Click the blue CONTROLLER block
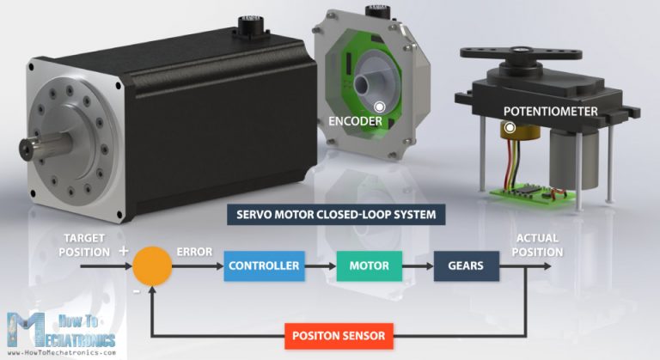tap(264, 265)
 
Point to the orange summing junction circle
tap(152, 265)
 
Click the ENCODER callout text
tap(355, 121)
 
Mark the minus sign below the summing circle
tap(136, 291)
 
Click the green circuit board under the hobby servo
tap(524, 193)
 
